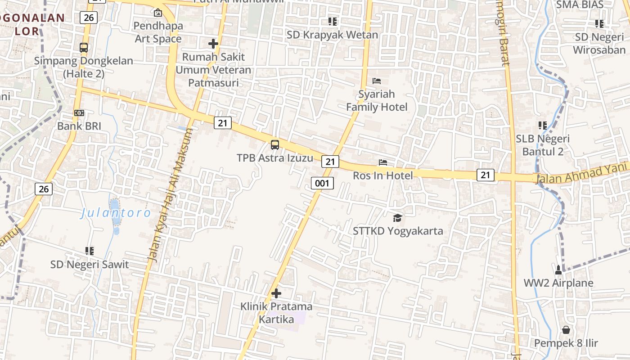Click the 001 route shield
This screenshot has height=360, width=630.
322,183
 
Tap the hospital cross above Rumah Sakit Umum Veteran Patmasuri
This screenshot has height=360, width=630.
213,44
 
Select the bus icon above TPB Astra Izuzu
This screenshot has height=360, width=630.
274,145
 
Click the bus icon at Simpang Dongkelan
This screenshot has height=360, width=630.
84,47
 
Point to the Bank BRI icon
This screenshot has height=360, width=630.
79,113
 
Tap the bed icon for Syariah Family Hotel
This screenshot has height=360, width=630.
377,81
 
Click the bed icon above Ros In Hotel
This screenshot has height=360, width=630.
383,162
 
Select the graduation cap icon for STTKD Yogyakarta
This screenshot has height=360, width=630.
397,218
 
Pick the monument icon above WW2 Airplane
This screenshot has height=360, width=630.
558,270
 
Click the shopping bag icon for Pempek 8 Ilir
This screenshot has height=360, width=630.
566,330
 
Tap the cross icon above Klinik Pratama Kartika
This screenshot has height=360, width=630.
276,293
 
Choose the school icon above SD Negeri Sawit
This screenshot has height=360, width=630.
90,251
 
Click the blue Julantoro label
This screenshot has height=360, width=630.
116,213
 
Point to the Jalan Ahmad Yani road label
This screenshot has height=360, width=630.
581,173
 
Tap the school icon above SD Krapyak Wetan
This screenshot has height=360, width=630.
333,21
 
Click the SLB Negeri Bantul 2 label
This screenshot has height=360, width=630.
543,145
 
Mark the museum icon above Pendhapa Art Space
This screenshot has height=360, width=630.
157,13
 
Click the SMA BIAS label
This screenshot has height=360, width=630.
580,4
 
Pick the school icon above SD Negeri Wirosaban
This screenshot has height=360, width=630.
599,23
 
